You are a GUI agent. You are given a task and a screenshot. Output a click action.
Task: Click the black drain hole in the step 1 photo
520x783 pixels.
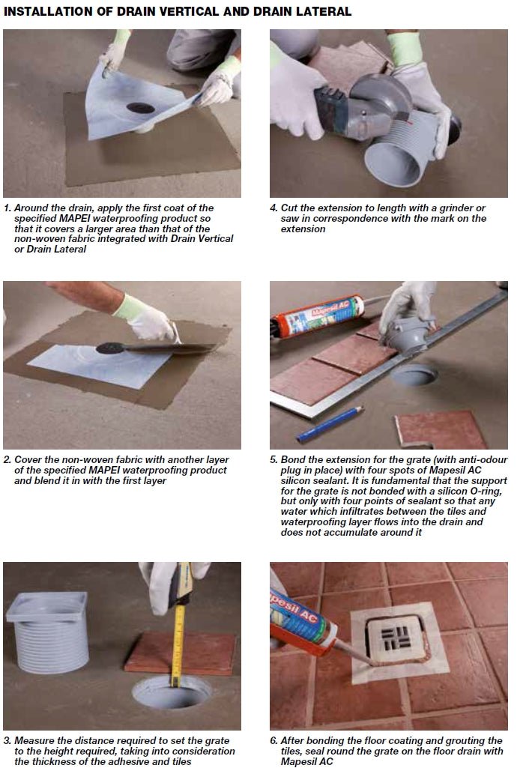(141, 107)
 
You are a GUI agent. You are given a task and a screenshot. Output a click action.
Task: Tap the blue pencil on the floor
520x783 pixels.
(329, 424)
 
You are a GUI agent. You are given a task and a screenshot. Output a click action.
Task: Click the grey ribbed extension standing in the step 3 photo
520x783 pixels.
(48, 632)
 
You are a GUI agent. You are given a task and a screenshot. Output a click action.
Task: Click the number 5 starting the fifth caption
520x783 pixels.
(273, 459)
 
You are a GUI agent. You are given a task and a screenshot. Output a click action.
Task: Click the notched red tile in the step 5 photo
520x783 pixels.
(440, 429)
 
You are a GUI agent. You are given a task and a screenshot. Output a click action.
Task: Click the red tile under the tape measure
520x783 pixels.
(180, 653)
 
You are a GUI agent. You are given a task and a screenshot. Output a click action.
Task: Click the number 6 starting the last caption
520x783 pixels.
(273, 740)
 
